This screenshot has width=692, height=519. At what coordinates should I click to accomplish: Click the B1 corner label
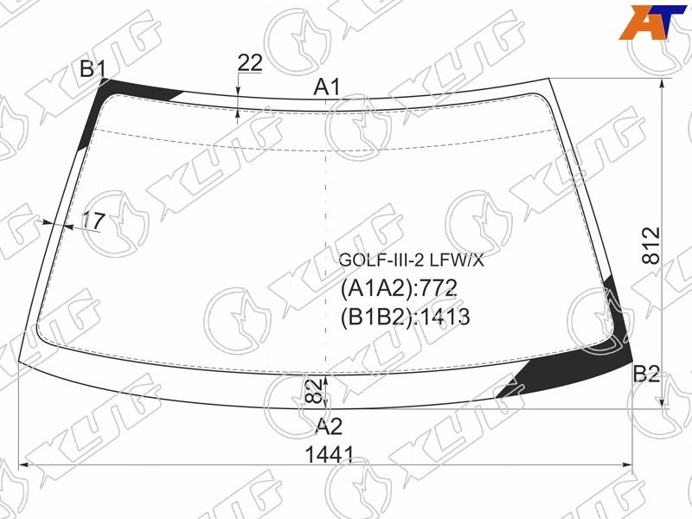point(93,69)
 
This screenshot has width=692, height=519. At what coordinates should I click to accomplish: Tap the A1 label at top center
point(327,87)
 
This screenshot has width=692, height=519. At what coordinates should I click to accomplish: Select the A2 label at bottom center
point(330,426)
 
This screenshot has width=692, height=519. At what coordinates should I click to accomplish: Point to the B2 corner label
point(646,375)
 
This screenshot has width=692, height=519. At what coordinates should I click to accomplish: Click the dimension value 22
point(250,63)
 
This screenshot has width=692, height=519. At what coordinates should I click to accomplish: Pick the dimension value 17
point(93,221)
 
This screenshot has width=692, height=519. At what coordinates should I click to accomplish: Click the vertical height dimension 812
point(651,246)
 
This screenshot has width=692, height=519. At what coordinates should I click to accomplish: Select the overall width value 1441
point(330,455)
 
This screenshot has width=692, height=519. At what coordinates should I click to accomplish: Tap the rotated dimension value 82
point(313,391)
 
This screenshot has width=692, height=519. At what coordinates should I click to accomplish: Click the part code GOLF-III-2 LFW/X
point(412,261)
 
